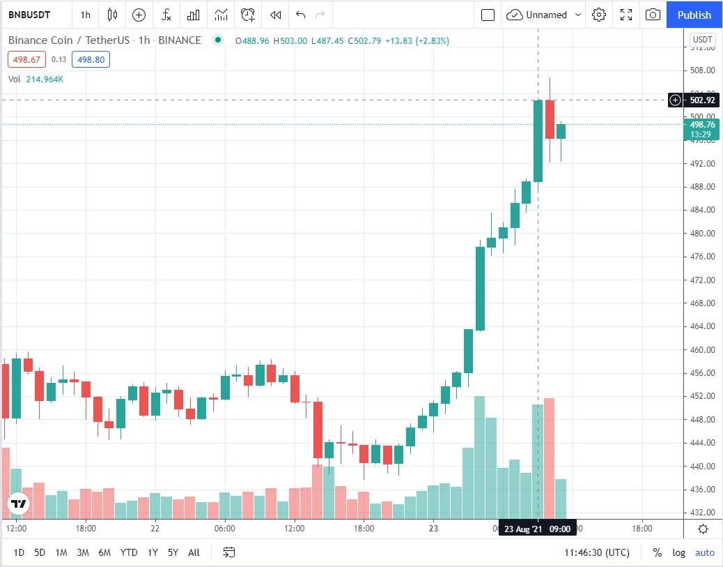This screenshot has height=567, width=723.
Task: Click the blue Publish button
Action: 694,15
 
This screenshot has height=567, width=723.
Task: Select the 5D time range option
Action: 40,552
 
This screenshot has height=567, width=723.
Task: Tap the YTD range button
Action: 128,552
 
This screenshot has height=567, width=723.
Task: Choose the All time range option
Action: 194,552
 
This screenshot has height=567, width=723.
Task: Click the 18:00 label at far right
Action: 642,529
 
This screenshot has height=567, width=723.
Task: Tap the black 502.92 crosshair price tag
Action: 701,100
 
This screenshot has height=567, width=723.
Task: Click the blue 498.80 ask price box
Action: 91,60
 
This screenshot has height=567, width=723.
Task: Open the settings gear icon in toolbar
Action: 599,15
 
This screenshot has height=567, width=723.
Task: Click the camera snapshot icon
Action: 653,15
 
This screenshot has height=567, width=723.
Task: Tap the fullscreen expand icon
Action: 626,15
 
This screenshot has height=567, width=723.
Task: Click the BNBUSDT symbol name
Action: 29,15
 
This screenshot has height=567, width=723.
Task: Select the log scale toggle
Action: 678,552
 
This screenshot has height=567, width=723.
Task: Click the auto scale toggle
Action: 704,552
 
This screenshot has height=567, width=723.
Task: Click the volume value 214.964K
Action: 45,79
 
